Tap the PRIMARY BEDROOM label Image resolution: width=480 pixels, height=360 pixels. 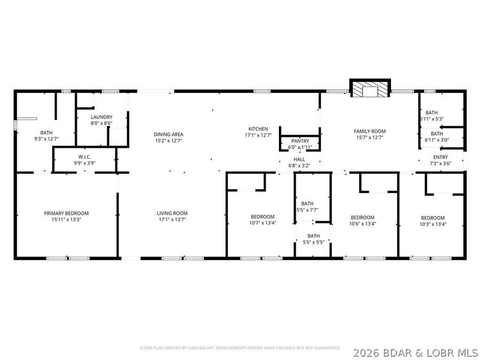pos(66,213)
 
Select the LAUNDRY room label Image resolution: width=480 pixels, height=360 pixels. pos(101,117)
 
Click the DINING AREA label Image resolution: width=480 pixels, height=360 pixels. pos(169,134)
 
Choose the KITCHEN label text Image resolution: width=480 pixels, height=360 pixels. pos(258,129)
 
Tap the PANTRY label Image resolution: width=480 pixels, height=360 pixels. pos(300,141)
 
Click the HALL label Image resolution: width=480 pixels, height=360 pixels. pos(299,159)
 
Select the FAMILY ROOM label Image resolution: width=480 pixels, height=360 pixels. pos(370,131)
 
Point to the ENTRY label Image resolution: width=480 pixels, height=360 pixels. pos(441,157)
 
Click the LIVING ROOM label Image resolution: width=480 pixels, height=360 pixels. pos(172,213)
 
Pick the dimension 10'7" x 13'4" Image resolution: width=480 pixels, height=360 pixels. pos(263,223)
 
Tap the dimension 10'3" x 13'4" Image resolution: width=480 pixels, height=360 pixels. pos(433,224)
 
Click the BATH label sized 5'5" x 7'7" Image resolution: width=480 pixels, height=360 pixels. pos(307,203)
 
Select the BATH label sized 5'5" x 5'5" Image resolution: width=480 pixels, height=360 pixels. pos(313,235)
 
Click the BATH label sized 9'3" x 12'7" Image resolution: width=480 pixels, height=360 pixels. pos(46,132)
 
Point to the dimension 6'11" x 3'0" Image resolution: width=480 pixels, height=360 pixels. pos(437,140)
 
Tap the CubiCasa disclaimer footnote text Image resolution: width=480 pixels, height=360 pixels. pos(239,348)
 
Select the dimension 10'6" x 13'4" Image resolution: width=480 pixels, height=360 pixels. pos(362,223)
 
